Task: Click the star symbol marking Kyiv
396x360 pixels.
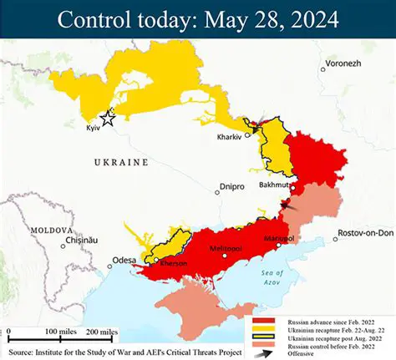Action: point(107,119)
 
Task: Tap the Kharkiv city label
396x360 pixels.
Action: point(230,136)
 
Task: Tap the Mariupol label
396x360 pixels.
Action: point(278,239)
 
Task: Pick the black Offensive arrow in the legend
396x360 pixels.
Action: point(262,352)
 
